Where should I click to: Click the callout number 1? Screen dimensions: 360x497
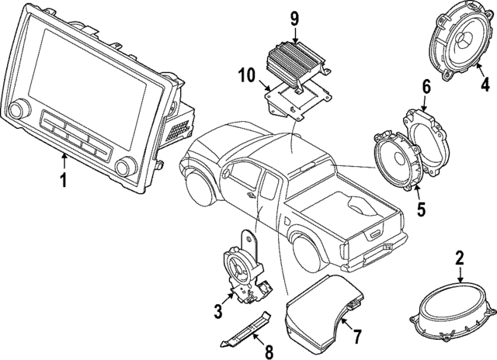(x=63, y=181)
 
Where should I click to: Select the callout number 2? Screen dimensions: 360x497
(x=459, y=258)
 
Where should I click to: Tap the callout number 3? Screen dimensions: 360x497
(x=218, y=312)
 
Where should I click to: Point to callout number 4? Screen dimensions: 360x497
(x=485, y=85)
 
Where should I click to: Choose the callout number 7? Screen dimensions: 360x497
(x=357, y=336)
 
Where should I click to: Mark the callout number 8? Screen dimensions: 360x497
(x=269, y=351)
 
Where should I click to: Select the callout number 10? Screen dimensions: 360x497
(x=247, y=75)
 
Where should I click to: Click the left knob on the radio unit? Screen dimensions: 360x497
(x=19, y=108)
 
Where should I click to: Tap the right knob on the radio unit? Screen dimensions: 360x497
(x=123, y=168)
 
